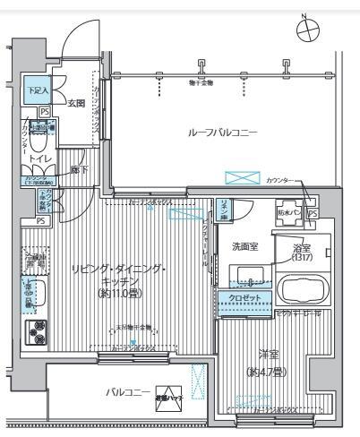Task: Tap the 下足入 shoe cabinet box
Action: tap(37, 90)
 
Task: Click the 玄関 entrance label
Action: tap(76, 103)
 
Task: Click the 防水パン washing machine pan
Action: tap(287, 213)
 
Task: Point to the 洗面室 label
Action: tap(245, 247)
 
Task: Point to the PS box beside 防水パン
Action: tap(312, 214)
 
